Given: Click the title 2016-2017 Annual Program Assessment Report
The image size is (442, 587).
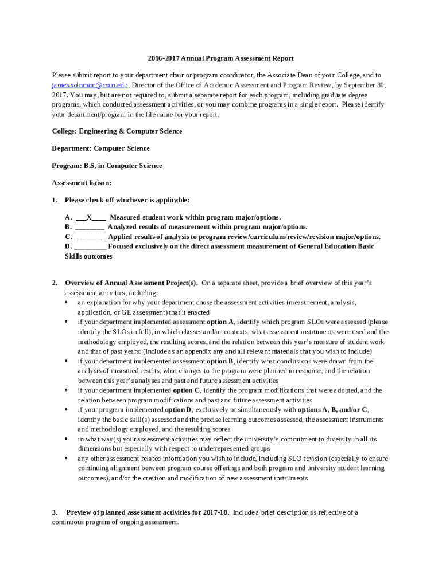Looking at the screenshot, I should click(x=220, y=58).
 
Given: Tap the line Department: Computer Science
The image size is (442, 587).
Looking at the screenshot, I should click(x=100, y=148).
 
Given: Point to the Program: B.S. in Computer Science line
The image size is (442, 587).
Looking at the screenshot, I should click(x=107, y=166).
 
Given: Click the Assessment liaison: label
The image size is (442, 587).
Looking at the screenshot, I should click(x=82, y=183).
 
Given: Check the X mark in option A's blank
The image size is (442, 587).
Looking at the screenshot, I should click(x=90, y=217).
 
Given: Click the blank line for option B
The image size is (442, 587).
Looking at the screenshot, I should click(x=89, y=227).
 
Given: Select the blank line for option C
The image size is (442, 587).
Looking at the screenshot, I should click(x=90, y=237).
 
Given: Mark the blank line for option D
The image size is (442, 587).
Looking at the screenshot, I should click(x=90, y=246).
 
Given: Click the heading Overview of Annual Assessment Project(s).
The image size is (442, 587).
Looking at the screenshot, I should click(x=131, y=283).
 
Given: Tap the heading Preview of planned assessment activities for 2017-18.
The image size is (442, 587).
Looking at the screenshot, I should click(x=148, y=512).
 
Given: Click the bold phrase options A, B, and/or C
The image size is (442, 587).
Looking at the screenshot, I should click(x=333, y=410).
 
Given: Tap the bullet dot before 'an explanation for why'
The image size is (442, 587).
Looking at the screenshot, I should click(x=67, y=302).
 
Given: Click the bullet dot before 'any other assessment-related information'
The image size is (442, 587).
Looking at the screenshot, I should click(x=67, y=459).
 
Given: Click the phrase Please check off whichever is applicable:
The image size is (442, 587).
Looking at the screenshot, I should click(x=127, y=200).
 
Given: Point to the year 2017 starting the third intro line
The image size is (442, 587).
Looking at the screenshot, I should click(x=59, y=95).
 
